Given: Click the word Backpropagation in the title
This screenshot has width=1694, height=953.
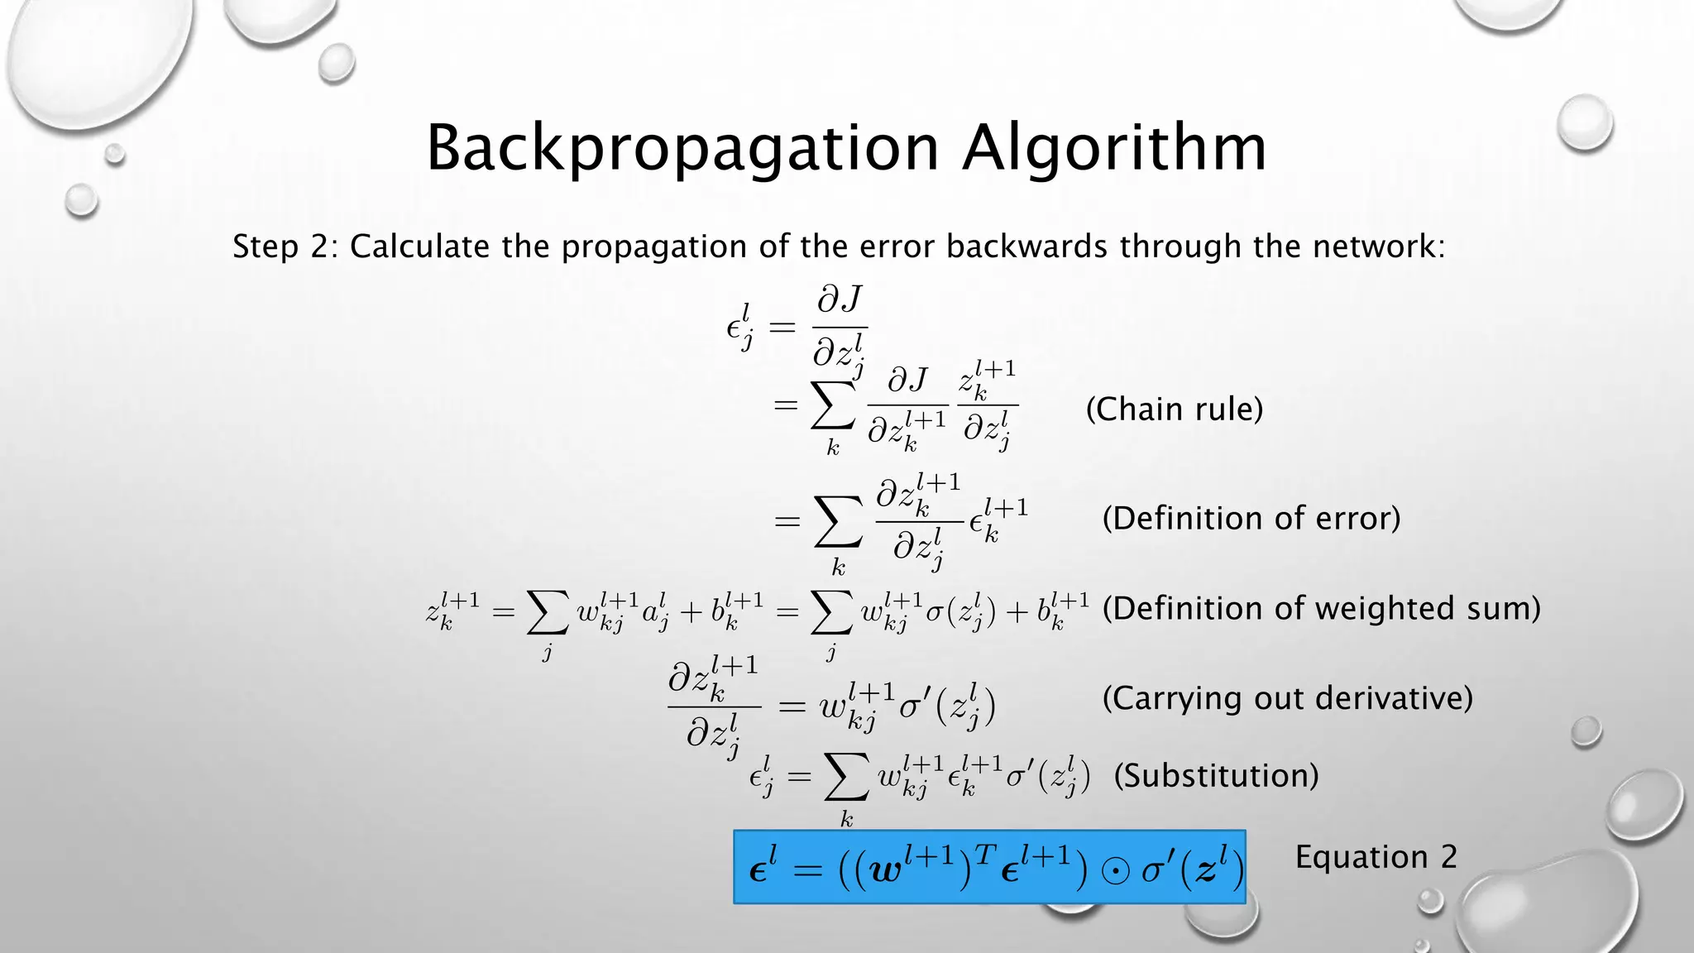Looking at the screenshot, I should point(682,149).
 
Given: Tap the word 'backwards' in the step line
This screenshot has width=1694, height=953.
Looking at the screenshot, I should point(1026,247).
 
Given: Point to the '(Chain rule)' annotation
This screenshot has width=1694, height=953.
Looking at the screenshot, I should point(1175,409).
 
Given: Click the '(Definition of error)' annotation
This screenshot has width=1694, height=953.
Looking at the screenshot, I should point(1251,519).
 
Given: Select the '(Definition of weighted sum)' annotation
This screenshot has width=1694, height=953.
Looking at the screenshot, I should point(1322,609).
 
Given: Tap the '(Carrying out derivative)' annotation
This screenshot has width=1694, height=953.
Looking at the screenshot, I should point(1288,698).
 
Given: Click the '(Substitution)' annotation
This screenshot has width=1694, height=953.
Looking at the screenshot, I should point(1216,776).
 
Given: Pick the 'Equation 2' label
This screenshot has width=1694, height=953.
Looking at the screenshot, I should point(1376,857).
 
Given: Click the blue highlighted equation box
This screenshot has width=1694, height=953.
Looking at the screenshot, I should point(989,867).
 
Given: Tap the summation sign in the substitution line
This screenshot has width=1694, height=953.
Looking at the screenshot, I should point(846,778).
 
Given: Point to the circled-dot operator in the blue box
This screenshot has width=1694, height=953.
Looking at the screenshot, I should point(1115,873).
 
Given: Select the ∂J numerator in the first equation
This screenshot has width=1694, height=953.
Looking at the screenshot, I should point(840,300).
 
